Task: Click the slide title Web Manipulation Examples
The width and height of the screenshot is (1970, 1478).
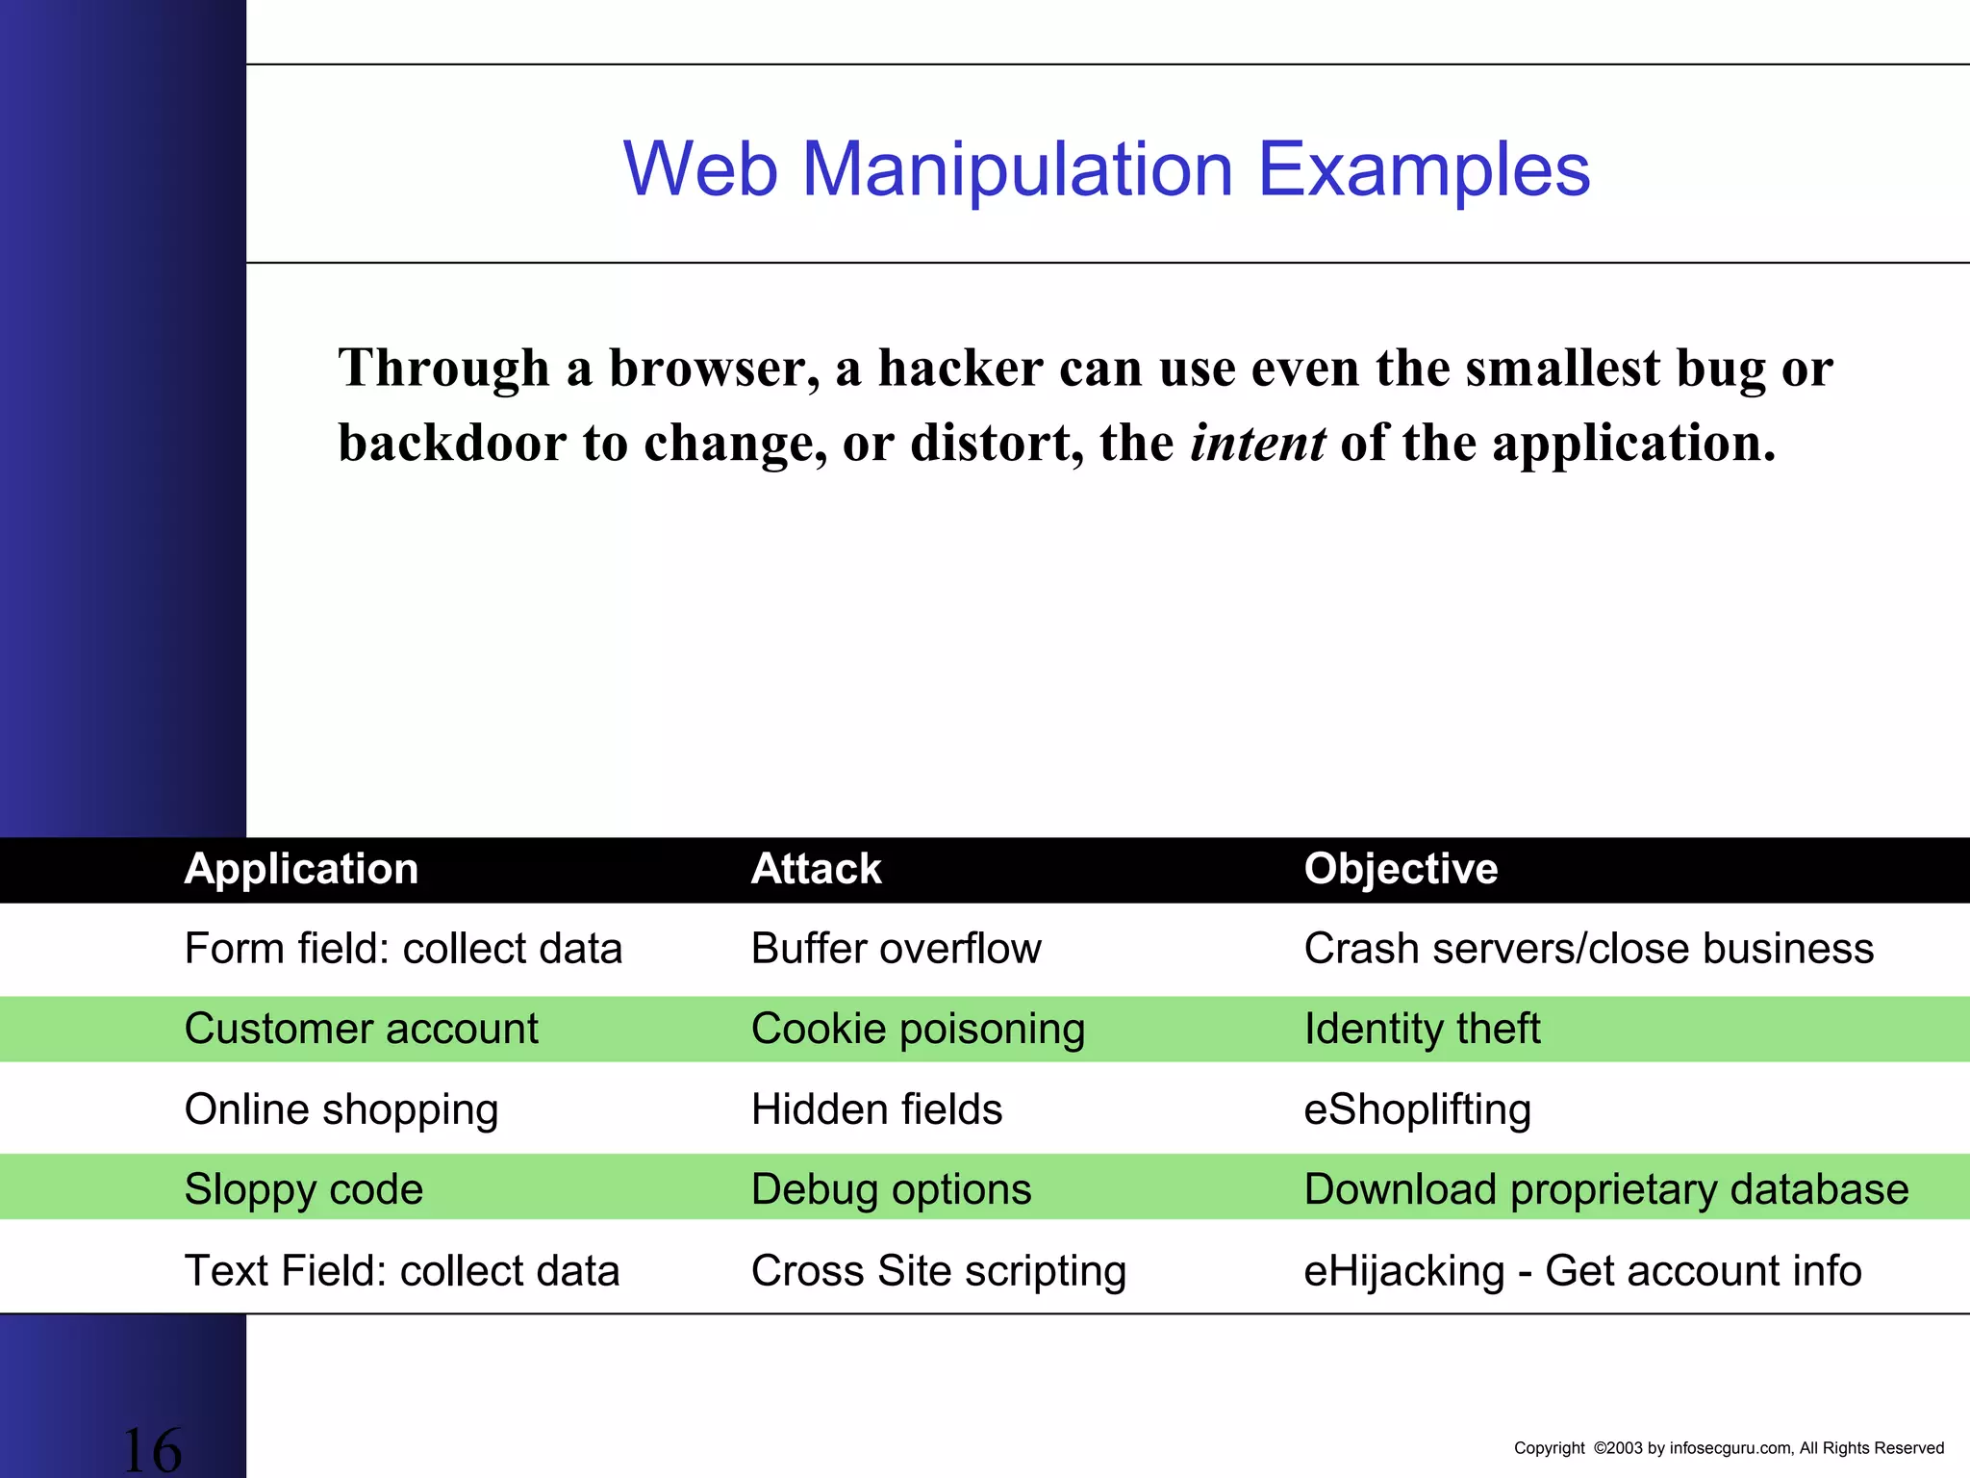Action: click(1106, 169)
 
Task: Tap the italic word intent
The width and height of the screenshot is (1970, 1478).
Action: click(1258, 443)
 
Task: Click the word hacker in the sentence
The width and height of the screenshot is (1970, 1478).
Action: click(960, 368)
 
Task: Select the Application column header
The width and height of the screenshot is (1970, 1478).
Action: click(301, 869)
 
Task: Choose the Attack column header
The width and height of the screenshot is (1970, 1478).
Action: click(816, 869)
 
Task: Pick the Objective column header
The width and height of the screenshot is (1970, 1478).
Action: click(1401, 869)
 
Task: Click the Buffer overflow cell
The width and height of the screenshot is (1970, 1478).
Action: click(896, 949)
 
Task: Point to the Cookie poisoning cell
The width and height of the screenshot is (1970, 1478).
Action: click(918, 1029)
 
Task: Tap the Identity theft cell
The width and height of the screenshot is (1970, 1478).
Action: click(1422, 1029)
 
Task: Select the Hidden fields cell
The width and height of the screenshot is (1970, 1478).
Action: click(876, 1109)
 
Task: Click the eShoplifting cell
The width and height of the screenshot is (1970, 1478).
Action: click(1417, 1109)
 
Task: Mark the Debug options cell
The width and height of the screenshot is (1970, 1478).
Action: click(891, 1189)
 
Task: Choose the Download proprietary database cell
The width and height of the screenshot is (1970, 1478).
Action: click(1605, 1189)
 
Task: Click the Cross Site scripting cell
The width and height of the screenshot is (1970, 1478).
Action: click(938, 1271)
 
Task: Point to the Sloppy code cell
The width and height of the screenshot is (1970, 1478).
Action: click(303, 1189)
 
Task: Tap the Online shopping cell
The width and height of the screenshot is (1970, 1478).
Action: click(341, 1109)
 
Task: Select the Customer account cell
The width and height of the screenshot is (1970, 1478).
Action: click(361, 1029)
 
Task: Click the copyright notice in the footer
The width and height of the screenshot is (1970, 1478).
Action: click(1729, 1448)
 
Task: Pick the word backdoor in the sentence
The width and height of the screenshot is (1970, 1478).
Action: click(452, 443)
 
